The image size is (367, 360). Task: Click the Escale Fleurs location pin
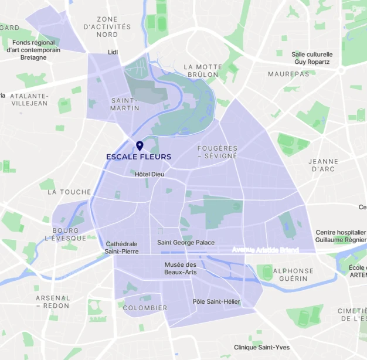click(140, 145)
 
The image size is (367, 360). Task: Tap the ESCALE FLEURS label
click(139, 157)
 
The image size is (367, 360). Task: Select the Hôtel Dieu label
click(149, 174)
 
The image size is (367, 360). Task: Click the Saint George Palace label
click(186, 243)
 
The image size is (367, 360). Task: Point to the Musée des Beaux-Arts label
click(181, 269)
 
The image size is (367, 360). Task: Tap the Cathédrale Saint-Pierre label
click(121, 247)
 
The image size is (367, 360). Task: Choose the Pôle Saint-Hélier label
click(216, 301)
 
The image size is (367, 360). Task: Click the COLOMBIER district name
click(145, 308)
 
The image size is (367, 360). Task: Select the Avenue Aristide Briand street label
click(265, 250)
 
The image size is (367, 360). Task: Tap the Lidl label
click(113, 52)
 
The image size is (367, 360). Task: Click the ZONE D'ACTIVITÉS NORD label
click(107, 27)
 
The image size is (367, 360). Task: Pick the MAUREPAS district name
click(288, 74)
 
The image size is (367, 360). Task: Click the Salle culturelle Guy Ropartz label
click(312, 58)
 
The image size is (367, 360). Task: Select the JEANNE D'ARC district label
click(324, 165)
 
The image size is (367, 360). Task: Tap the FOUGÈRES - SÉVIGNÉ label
click(218, 152)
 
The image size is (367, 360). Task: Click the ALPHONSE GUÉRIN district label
click(294, 274)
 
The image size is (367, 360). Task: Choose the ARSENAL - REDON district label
click(53, 301)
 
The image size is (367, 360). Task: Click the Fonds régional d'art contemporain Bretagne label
click(33, 50)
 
